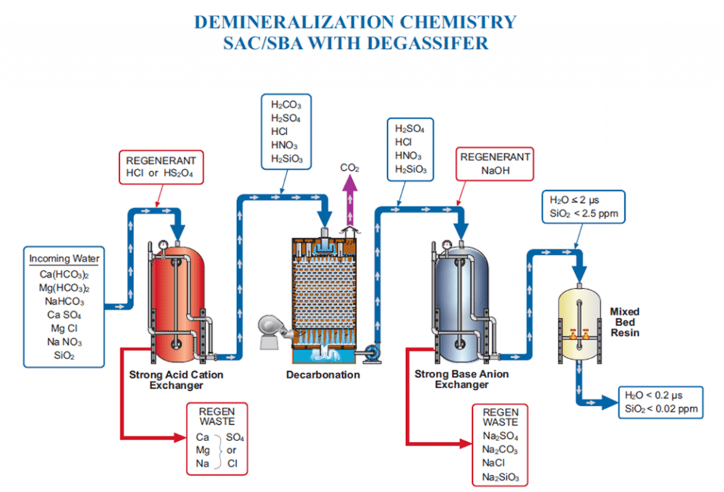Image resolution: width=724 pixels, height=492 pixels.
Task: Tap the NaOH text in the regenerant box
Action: click(495, 171)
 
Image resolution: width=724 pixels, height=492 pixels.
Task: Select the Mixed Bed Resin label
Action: click(625, 322)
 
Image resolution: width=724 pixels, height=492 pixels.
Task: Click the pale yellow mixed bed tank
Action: click(580, 323)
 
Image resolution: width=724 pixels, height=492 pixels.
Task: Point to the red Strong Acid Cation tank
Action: click(177, 305)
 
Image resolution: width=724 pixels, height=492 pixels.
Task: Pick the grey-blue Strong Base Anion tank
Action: click(462, 305)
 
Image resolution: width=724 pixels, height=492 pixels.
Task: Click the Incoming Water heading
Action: click(64, 259)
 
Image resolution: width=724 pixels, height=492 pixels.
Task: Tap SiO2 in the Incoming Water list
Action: click(64, 356)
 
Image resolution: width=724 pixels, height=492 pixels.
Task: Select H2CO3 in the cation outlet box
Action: click(286, 105)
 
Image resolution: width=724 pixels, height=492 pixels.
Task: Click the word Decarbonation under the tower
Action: click(322, 375)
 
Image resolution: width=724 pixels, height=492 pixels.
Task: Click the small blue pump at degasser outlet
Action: click(371, 353)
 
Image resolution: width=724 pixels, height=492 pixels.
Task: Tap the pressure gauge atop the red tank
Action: click(163, 244)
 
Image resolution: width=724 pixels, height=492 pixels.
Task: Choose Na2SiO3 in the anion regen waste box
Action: click(501, 476)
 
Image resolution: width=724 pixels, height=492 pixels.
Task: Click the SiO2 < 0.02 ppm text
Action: click(661, 409)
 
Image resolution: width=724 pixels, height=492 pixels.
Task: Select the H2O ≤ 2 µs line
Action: click(574, 200)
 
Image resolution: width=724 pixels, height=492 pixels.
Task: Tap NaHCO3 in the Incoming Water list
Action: click(64, 301)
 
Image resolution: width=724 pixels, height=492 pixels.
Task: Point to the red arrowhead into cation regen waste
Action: click(180, 437)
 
